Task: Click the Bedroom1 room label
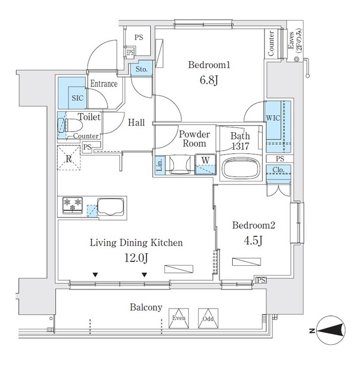coord(210,65)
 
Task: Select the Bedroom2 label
coord(249,226)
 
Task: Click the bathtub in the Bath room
coord(240,168)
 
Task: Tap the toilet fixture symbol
coord(67,126)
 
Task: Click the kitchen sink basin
coord(111,206)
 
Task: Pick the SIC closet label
coord(77,98)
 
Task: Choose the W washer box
coord(204,161)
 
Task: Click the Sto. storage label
coord(142,70)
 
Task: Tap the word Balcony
coord(145,307)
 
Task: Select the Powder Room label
coord(194,139)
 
